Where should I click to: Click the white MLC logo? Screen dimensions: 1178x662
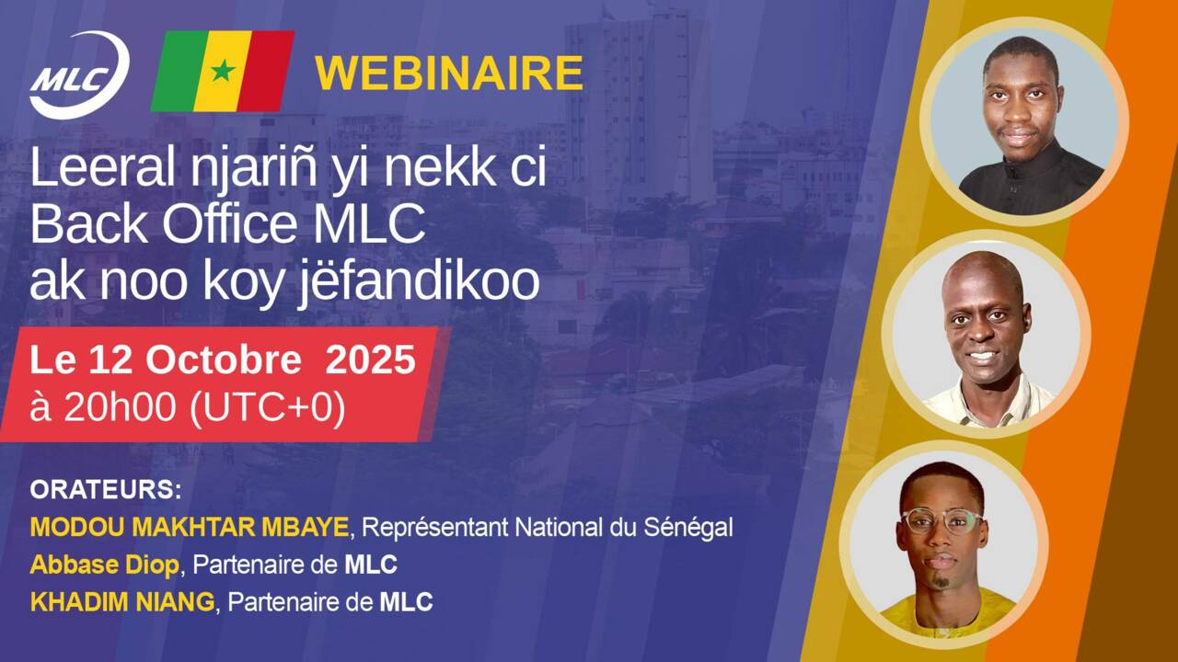click(x=79, y=74)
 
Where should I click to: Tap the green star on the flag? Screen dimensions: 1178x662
click(x=223, y=71)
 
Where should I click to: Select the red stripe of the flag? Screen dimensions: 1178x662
click(x=266, y=71)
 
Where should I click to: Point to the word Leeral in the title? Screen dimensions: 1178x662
click(x=102, y=167)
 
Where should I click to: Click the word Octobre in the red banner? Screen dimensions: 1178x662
click(x=224, y=360)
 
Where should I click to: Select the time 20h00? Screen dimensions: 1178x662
click(x=120, y=407)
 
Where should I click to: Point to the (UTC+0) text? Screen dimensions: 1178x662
click(x=267, y=407)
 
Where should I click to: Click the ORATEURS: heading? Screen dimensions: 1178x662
click(x=106, y=490)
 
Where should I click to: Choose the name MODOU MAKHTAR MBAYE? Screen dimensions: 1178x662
click(x=190, y=527)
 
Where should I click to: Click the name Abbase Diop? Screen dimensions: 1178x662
click(x=105, y=565)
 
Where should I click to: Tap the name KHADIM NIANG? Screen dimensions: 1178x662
click(x=122, y=602)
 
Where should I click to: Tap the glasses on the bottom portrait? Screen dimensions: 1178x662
click(x=941, y=520)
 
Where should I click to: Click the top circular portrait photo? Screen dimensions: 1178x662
click(x=1024, y=121)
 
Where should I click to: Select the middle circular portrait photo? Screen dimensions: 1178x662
click(x=986, y=334)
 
